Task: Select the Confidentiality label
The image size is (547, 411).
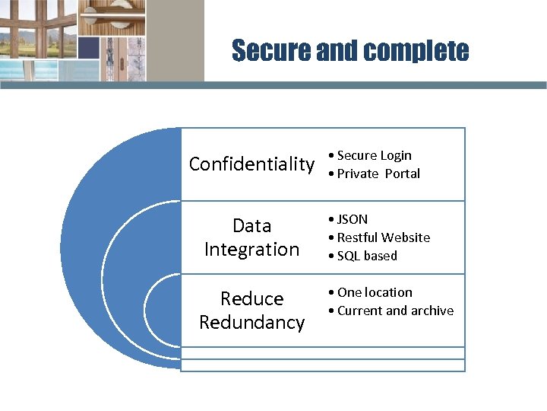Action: point(251,164)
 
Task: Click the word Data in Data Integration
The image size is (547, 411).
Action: point(252,225)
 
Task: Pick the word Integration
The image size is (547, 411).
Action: point(251,249)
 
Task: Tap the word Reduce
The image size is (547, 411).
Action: point(251,298)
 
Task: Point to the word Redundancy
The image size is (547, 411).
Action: point(251,322)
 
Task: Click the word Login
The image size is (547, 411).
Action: point(396,155)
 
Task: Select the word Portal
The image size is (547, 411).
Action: point(402,174)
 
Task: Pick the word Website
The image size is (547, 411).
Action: point(406,237)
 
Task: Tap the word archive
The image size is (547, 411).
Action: point(432,311)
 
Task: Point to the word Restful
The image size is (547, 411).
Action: point(359,237)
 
